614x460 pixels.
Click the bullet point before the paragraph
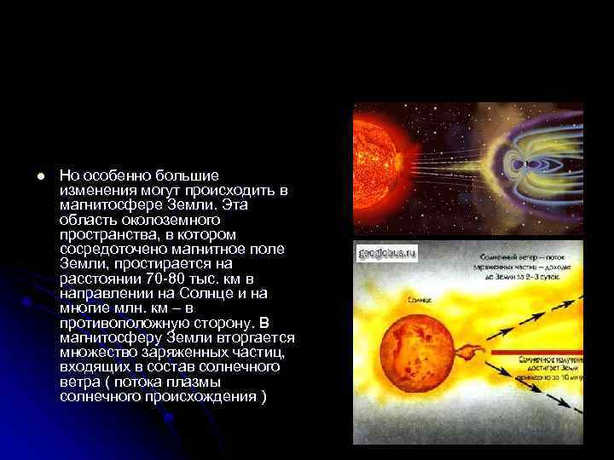tap(40, 175)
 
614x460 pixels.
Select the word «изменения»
tap(96, 189)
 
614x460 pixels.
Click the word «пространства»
tap(105, 234)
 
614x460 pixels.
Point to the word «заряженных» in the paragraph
tap(182, 353)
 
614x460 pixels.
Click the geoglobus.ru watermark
tap(386, 253)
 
